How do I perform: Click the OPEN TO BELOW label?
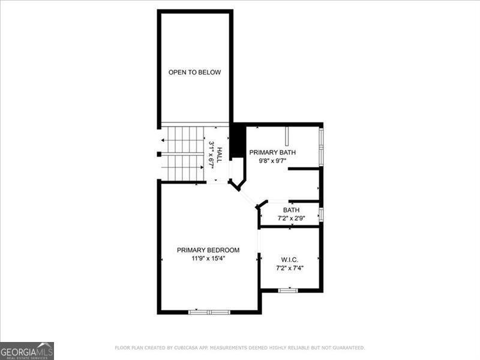[194, 73]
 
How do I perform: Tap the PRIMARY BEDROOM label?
[208, 250]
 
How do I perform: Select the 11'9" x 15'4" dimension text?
[208, 259]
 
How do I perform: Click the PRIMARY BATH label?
[272, 152]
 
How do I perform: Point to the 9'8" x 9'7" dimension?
[272, 161]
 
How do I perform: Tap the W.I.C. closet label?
[290, 260]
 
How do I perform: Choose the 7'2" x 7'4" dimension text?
[290, 268]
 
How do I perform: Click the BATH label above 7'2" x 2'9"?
[292, 210]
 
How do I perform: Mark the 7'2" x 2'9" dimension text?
[292, 218]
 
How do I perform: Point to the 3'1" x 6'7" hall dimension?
[212, 154]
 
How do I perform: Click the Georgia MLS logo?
[27, 350]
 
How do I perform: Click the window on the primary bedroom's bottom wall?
[209, 312]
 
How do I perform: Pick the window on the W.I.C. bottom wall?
[288, 290]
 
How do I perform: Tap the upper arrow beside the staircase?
[162, 140]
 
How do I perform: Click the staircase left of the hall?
[184, 153]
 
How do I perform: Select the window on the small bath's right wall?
[322, 214]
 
